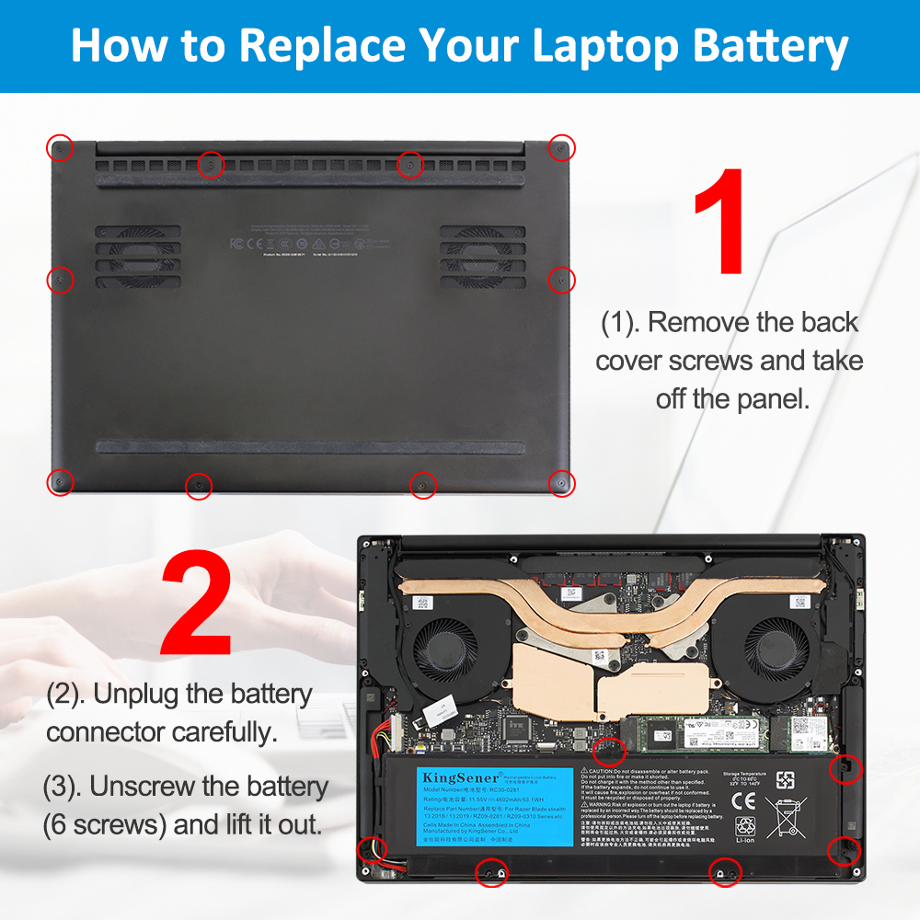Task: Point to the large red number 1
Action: [x=720, y=224]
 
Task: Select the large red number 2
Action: [x=196, y=604]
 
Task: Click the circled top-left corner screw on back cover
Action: [x=60, y=147]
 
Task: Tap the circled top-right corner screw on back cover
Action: [x=561, y=146]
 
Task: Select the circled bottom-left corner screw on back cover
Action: [x=60, y=481]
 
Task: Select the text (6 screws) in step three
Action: [x=104, y=824]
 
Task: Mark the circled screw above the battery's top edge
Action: [x=610, y=750]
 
